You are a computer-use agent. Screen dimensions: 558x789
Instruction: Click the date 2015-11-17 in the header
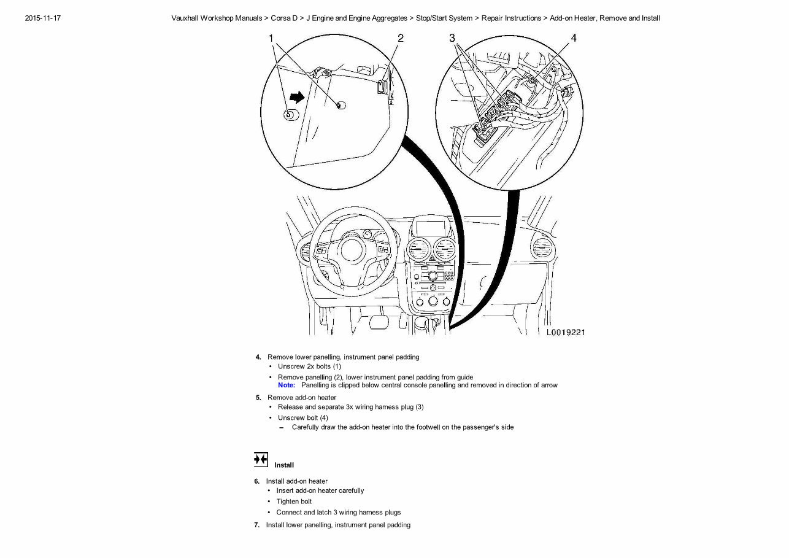pos(42,18)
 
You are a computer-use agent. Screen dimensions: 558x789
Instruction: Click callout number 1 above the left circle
pos(271,38)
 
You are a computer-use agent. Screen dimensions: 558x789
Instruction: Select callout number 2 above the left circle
pos(400,38)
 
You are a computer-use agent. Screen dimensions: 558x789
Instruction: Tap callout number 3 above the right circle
pos(452,38)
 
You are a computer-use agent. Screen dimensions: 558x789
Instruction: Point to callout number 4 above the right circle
pos(574,38)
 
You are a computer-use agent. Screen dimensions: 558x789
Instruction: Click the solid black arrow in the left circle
pos(297,96)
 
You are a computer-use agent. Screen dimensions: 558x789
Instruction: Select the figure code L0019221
pos(566,332)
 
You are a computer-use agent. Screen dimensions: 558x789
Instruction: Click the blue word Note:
pos(286,386)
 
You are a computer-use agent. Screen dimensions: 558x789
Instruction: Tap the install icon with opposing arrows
pos(261,459)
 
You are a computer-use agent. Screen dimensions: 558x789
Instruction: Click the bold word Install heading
pos(284,465)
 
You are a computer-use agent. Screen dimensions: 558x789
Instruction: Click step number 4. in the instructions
pos(258,357)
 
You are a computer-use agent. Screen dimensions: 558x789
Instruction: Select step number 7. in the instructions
pos(257,525)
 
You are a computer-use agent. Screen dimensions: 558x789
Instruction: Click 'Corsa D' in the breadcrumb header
pos(284,18)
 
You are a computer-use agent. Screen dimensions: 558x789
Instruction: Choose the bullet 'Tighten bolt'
pos(294,502)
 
